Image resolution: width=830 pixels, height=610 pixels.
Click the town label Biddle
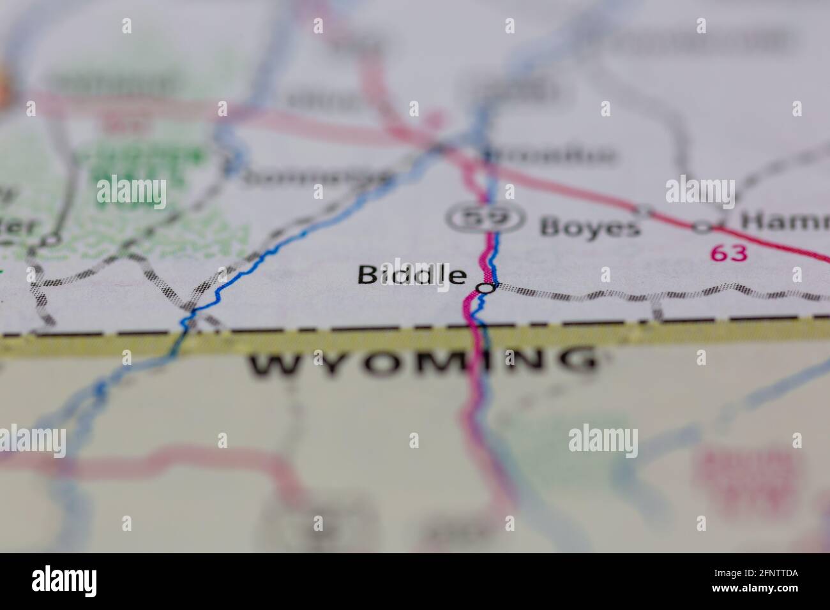pos(411,275)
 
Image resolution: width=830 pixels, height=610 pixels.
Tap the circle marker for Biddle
pos(487,288)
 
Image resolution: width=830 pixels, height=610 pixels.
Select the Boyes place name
pos(589,228)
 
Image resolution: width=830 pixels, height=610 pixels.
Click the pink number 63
pos(728,253)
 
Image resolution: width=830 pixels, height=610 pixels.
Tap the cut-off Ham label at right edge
pos(785,223)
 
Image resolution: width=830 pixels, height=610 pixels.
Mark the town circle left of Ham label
pos(703,226)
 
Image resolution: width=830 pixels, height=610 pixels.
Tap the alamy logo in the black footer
pos(64,581)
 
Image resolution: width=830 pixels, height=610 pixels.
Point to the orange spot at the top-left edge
pos(4,80)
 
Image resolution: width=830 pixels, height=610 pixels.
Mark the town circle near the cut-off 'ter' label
pos(50,241)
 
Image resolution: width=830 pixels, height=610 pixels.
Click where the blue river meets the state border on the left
pos(185,329)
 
